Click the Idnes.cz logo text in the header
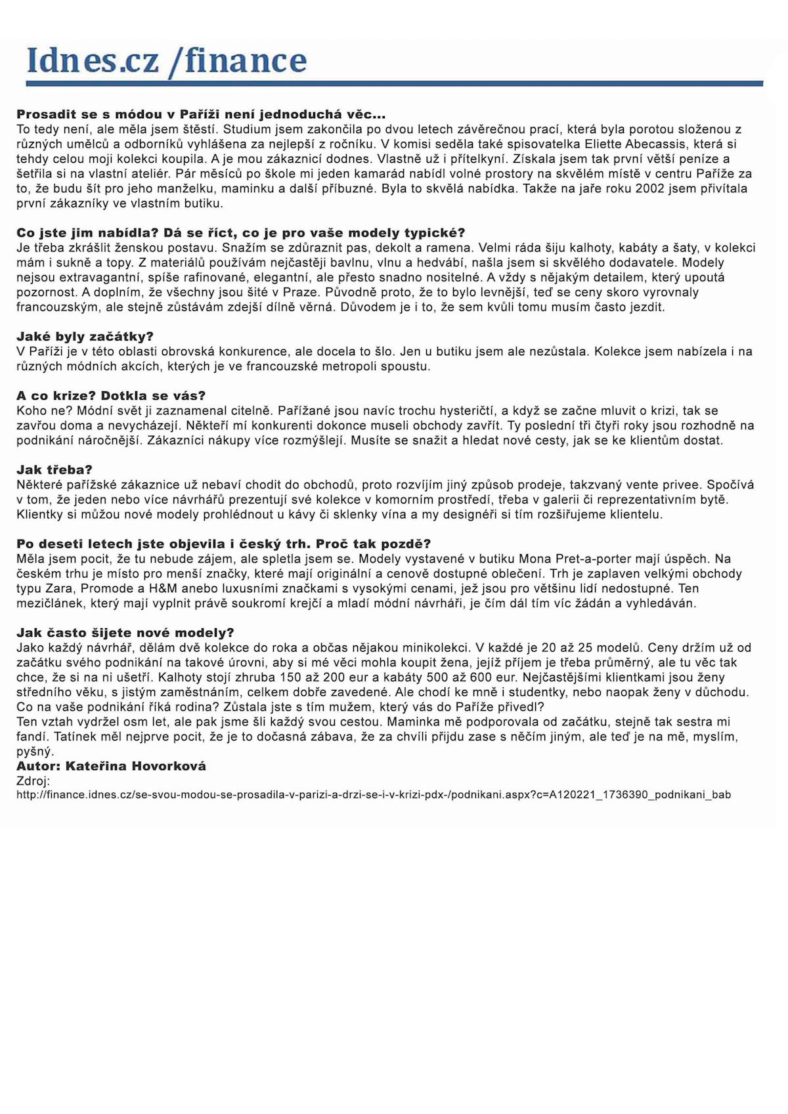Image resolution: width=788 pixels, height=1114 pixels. [x=92, y=60]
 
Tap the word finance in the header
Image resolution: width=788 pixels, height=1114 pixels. [x=246, y=60]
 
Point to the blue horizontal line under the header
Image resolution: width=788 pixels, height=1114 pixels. [x=394, y=83]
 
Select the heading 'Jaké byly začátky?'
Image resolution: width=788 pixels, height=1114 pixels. [x=85, y=337]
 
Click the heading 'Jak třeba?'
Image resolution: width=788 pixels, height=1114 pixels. [x=55, y=470]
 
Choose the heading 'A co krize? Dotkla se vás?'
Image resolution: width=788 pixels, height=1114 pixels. [x=111, y=396]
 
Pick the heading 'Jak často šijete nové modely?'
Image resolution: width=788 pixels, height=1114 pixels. [x=125, y=633]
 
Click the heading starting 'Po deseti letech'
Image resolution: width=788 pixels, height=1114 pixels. [x=223, y=544]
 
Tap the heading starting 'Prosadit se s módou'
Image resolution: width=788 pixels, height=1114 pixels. [x=201, y=115]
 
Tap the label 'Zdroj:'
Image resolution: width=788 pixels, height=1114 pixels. [x=33, y=781]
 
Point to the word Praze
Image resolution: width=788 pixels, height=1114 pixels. [x=300, y=293]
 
